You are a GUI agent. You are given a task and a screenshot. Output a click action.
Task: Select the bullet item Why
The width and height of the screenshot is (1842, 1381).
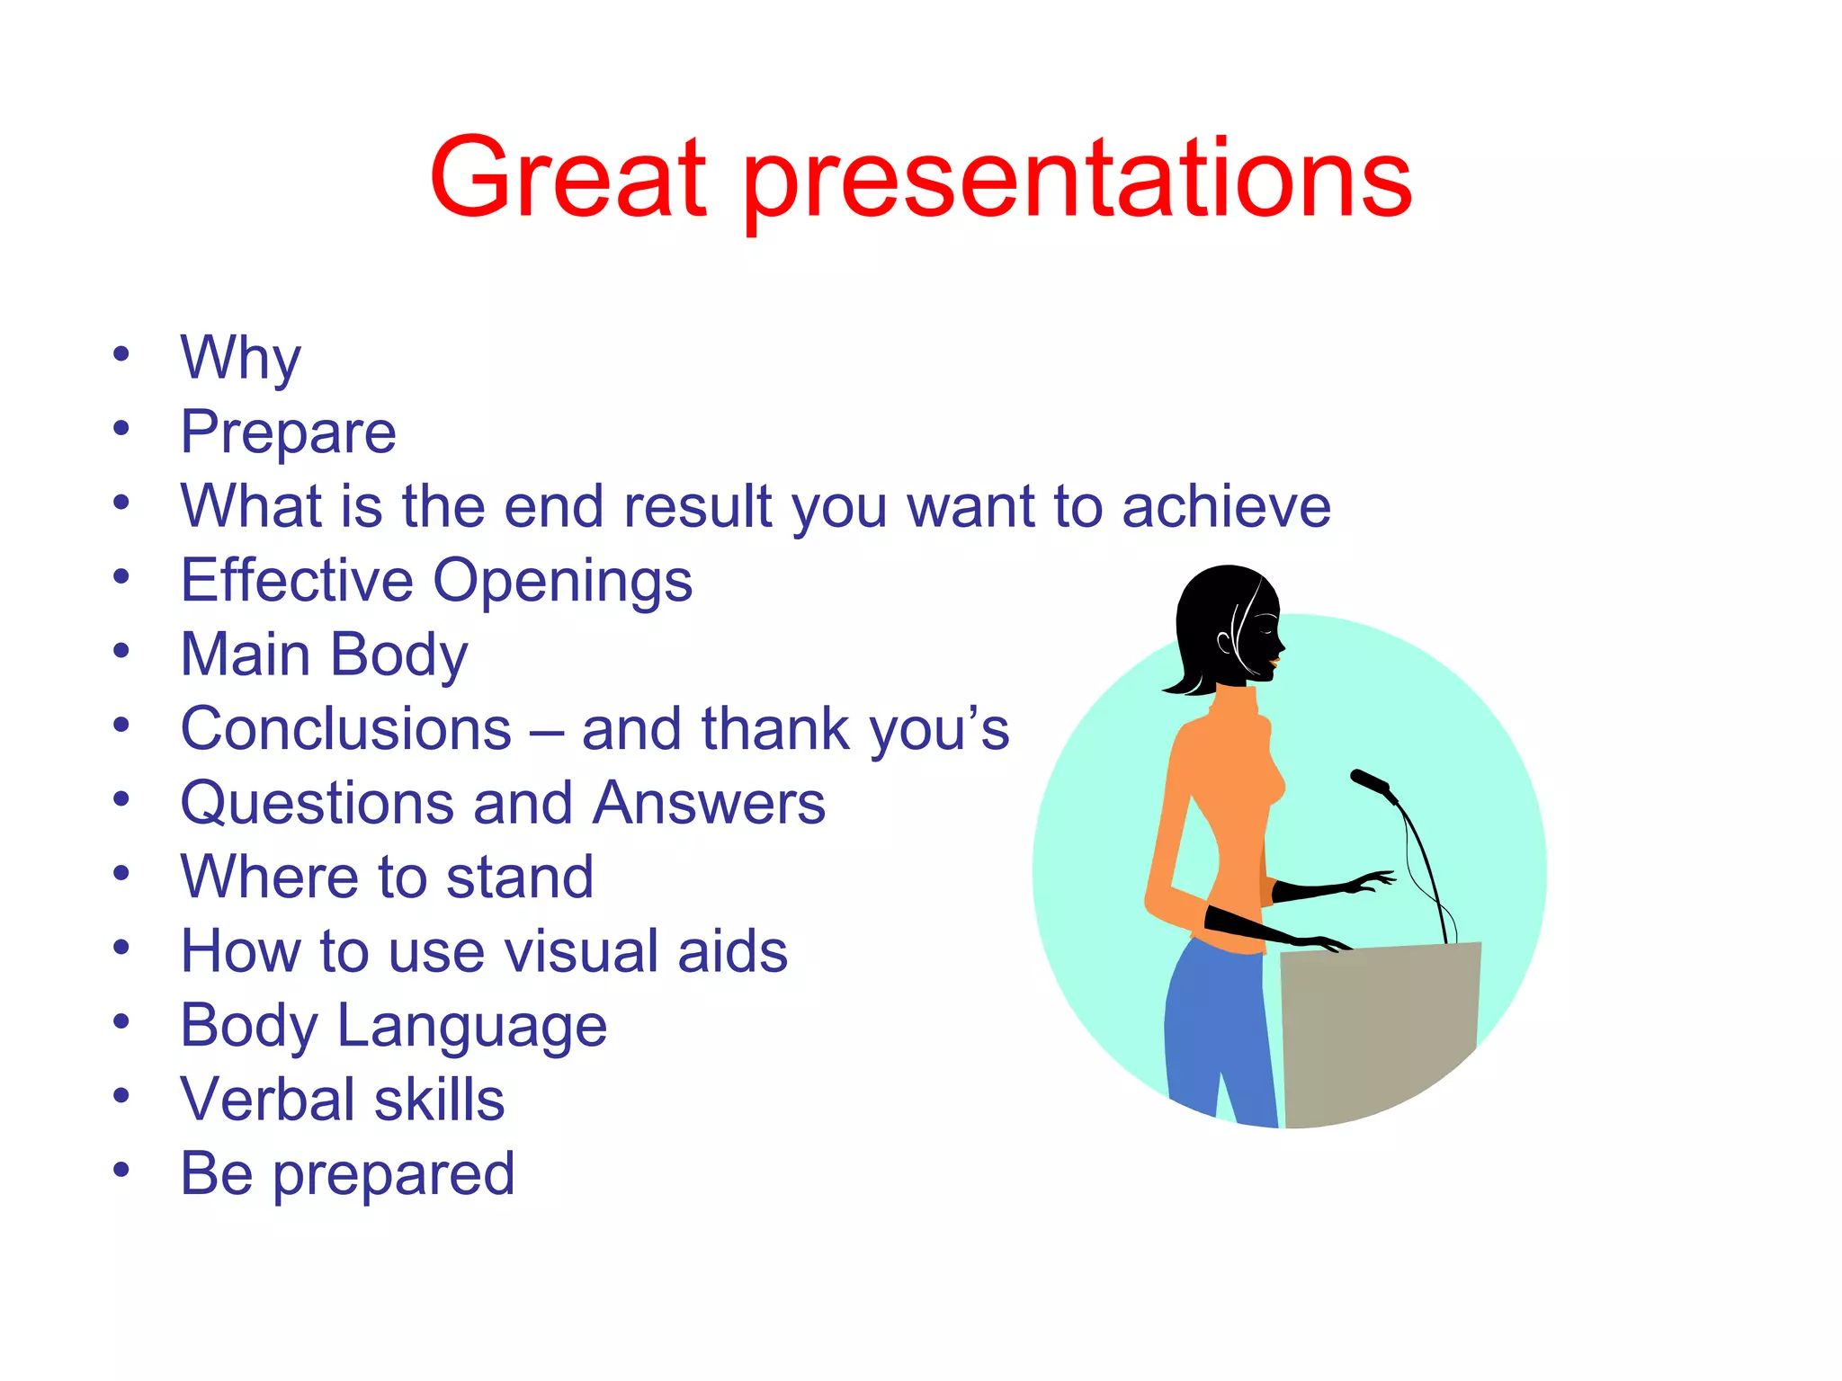[x=240, y=358]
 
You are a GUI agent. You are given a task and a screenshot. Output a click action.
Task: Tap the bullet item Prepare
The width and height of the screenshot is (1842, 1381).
[x=288, y=432]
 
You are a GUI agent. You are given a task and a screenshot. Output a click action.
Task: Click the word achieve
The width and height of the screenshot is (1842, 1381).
[x=1226, y=506]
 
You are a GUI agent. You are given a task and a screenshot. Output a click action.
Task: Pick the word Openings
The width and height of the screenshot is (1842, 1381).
[x=563, y=581]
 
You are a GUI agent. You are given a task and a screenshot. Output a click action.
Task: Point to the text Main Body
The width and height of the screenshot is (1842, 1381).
[x=324, y=655]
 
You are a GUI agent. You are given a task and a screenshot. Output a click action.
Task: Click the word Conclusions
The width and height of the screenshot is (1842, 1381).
[x=346, y=728]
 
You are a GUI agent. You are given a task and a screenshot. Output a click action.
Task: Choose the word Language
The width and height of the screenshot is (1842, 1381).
[x=471, y=1026]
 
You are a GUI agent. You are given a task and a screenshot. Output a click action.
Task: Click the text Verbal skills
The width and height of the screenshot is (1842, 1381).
[x=342, y=1100]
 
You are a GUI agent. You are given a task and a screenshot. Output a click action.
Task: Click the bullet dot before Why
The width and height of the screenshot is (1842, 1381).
[x=121, y=353]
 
